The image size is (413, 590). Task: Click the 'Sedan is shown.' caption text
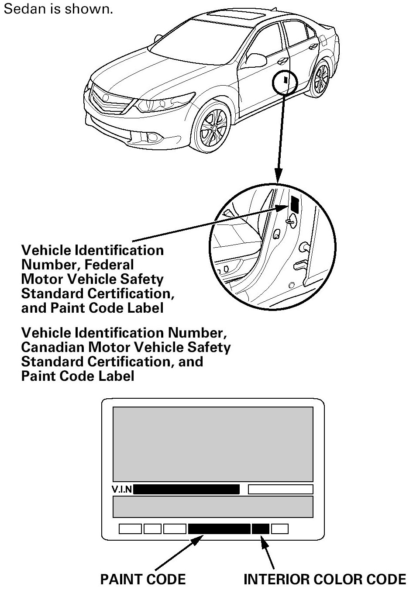(58, 9)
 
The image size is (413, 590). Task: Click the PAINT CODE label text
(143, 579)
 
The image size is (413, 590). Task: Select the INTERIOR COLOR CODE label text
(324, 579)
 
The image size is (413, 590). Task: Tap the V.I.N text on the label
(122, 489)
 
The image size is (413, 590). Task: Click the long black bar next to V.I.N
(186, 489)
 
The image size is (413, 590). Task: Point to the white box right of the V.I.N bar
(280, 489)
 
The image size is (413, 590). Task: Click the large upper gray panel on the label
(213, 444)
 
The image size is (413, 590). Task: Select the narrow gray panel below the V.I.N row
(213, 507)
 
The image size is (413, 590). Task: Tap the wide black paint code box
(219, 529)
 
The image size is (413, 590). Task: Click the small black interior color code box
(260, 529)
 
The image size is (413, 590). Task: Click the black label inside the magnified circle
(294, 204)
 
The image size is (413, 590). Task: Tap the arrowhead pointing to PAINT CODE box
(199, 541)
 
